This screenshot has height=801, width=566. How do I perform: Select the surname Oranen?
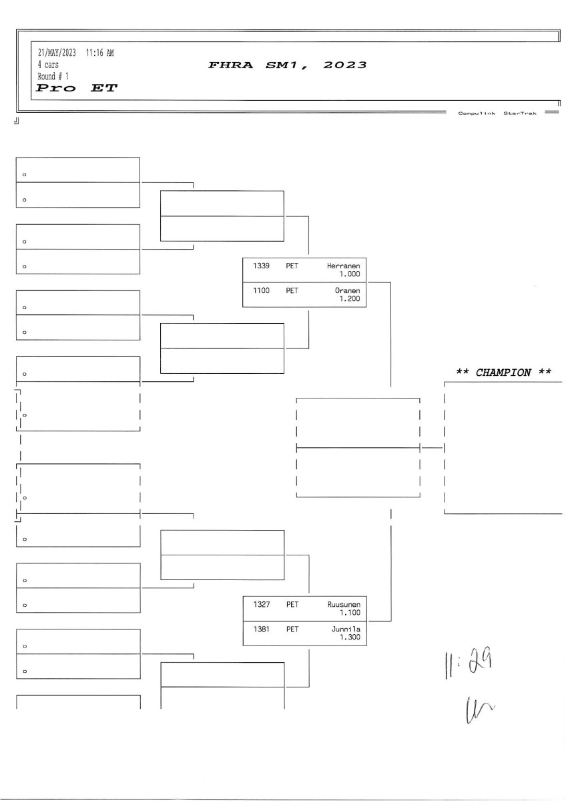(x=347, y=291)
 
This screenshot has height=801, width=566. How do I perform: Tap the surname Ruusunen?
(x=344, y=605)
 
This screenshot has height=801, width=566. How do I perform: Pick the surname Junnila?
(x=346, y=629)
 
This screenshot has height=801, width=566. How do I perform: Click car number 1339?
(x=261, y=266)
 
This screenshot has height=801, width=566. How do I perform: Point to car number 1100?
(x=261, y=291)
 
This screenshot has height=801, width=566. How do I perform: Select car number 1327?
(x=261, y=605)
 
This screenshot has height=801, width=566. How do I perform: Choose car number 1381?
(x=261, y=629)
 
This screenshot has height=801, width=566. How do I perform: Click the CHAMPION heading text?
(x=503, y=372)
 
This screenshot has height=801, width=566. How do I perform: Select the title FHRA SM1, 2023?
(x=288, y=65)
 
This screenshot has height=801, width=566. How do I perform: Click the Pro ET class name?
(x=77, y=88)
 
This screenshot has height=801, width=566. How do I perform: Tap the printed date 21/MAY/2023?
(x=57, y=53)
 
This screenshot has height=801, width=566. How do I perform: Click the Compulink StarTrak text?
(x=497, y=113)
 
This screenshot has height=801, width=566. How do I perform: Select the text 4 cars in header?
(x=48, y=65)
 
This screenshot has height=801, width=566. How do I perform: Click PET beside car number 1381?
(x=292, y=629)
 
